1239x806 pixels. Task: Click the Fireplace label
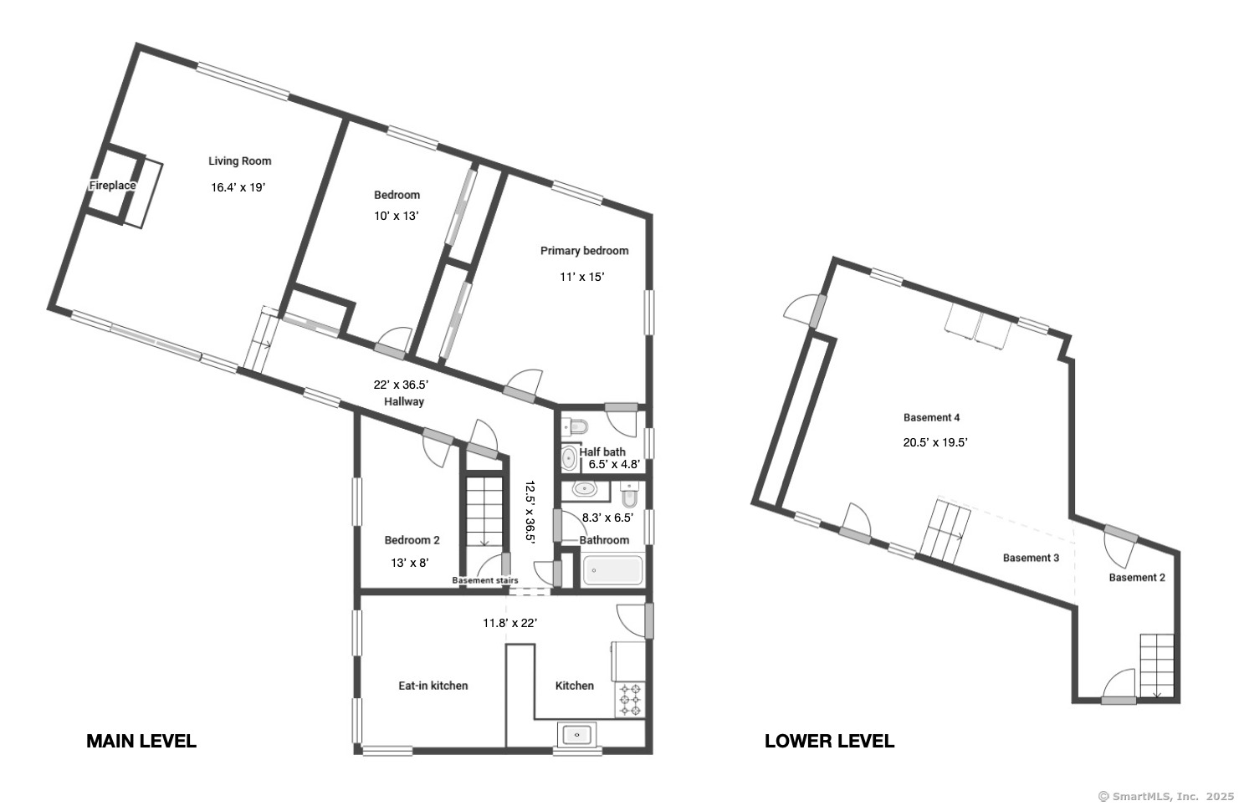[113, 186]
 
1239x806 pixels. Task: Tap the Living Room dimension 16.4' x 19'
[238, 187]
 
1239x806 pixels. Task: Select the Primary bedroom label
[584, 251]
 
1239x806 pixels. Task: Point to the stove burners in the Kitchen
[630, 699]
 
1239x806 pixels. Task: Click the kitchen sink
[577, 735]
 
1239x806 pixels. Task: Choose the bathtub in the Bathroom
[613, 570]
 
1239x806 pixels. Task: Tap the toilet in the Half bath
[576, 426]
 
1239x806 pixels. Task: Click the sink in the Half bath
[569, 458]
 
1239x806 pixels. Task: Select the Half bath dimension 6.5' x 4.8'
[614, 464]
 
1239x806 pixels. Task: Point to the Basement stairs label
[485, 580]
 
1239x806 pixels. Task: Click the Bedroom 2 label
[412, 540]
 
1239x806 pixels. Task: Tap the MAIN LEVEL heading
[141, 741]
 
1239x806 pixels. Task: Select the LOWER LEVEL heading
[829, 741]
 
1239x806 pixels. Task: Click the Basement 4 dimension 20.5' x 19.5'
[935, 443]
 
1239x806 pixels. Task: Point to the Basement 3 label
[1031, 558]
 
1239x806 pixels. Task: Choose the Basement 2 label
[1137, 578]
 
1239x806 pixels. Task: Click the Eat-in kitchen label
[433, 686]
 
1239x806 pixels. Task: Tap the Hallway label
[404, 402]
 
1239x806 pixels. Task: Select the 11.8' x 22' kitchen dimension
[510, 624]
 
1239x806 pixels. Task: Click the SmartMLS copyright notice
[1165, 797]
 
